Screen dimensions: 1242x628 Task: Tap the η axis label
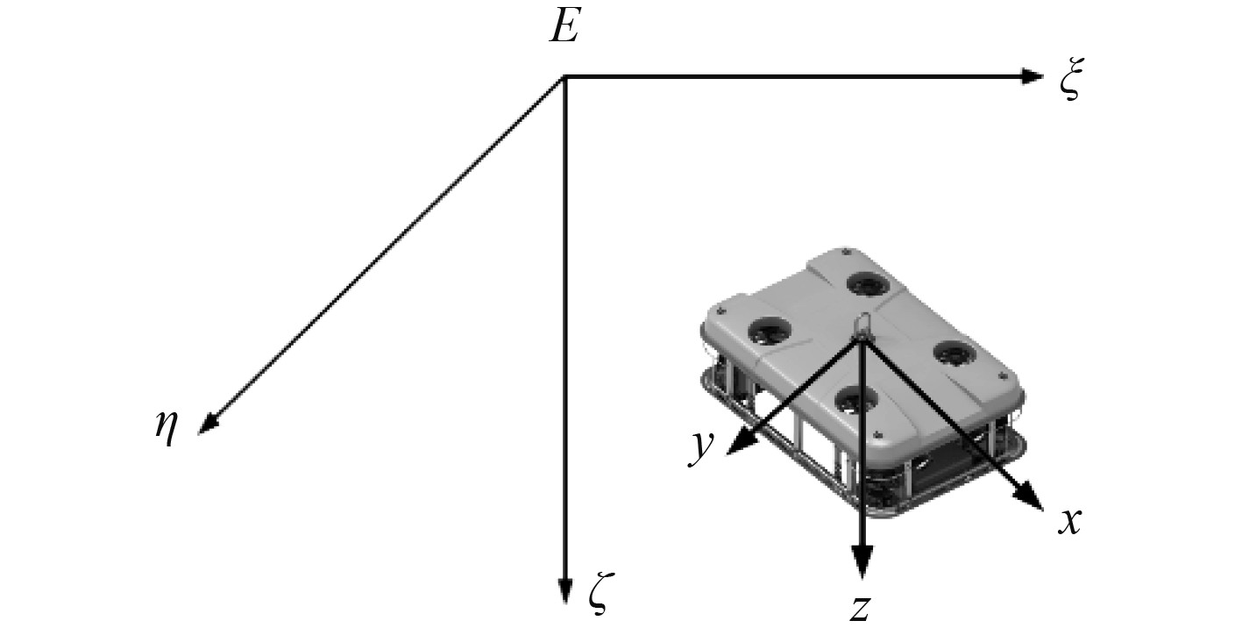pyautogui.click(x=167, y=427)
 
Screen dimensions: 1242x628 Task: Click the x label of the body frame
pyautogui.click(x=1069, y=522)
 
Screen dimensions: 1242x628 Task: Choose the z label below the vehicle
pyautogui.click(x=860, y=608)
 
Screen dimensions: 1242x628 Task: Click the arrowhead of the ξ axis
pyautogui.click(x=1033, y=76)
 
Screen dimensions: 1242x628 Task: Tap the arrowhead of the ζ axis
pyautogui.click(x=564, y=591)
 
